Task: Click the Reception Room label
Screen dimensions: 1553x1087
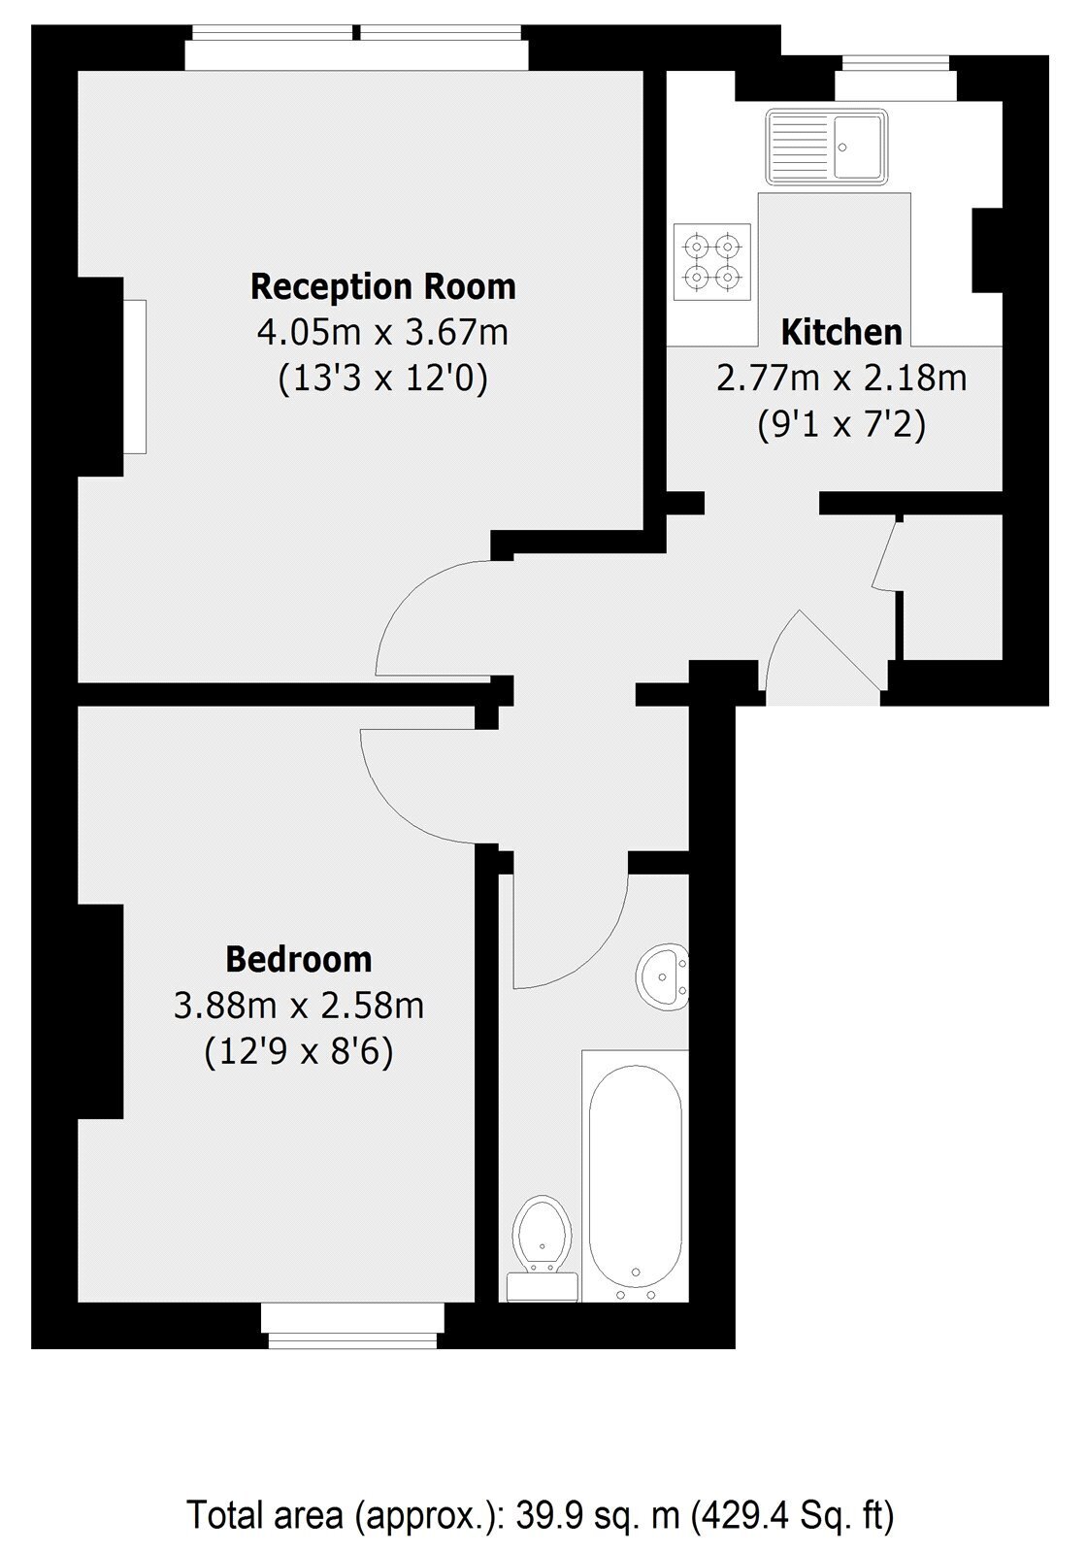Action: (x=382, y=287)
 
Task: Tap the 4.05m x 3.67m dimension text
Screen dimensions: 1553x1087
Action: (x=382, y=333)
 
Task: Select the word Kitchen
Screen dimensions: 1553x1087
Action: (x=841, y=332)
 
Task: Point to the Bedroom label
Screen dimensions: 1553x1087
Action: (x=299, y=959)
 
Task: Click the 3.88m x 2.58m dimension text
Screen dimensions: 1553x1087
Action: (x=299, y=1005)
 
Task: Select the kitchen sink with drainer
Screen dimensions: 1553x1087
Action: (x=826, y=147)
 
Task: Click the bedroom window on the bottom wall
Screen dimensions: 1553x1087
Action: (x=353, y=1326)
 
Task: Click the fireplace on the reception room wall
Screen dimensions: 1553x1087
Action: (x=134, y=377)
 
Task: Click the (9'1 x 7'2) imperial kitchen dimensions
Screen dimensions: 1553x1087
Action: (x=841, y=424)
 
